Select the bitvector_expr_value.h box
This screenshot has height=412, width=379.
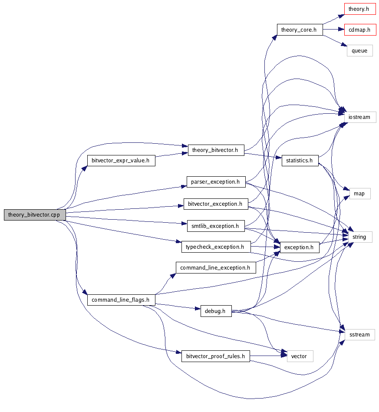pos(121,160)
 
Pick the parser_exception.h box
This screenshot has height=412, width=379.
pos(216,181)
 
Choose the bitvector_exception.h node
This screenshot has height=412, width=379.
pos(216,204)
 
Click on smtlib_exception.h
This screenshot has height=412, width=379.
pos(216,226)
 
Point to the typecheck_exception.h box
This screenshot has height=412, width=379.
pos(216,247)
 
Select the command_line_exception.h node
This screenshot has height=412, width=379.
pos(215,267)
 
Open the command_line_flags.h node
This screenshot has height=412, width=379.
pos(121,300)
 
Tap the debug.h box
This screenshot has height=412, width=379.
pos(216,311)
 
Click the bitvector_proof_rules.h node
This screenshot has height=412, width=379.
pos(216,356)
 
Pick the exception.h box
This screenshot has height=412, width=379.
pos(299,247)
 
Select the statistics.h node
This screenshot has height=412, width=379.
pos(300,160)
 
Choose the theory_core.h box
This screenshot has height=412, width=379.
pos(300,30)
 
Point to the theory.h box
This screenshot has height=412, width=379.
pos(359,8)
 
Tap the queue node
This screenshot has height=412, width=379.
pos(359,51)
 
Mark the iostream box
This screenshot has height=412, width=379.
pos(359,117)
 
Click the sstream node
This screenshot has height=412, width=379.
pos(359,334)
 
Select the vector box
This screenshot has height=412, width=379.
pos(300,356)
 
